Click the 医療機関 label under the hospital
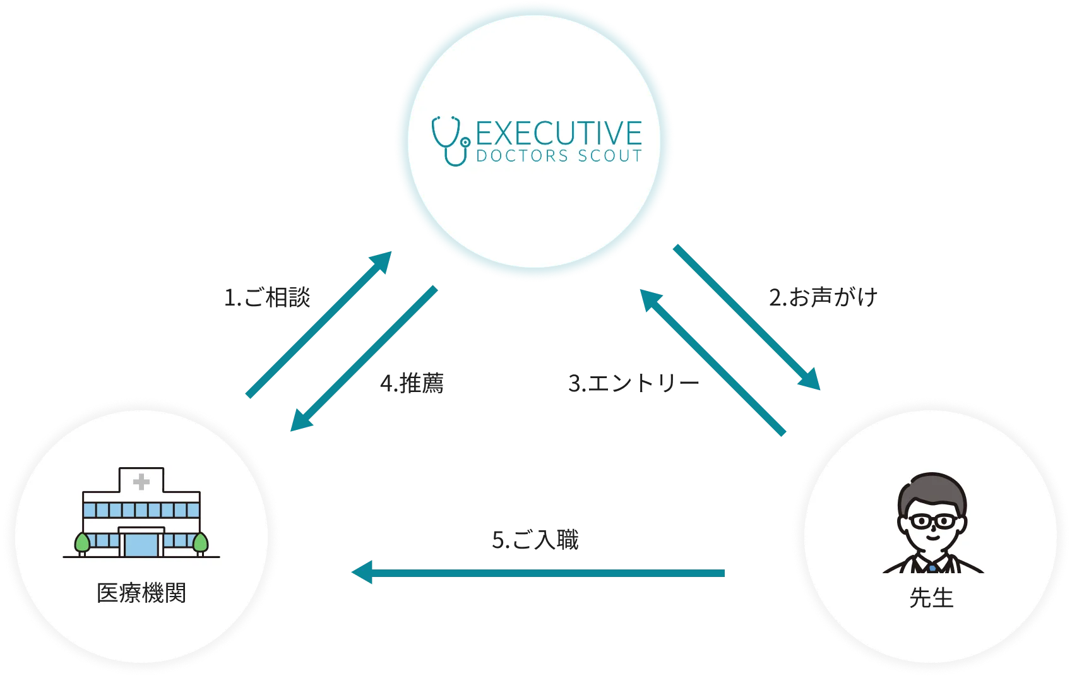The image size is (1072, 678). click(x=141, y=593)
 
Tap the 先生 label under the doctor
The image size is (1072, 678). click(x=931, y=597)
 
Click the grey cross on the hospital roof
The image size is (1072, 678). click(x=141, y=482)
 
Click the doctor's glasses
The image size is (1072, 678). click(x=932, y=522)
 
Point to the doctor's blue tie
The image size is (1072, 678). click(x=932, y=569)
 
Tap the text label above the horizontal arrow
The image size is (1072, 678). click(x=535, y=540)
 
